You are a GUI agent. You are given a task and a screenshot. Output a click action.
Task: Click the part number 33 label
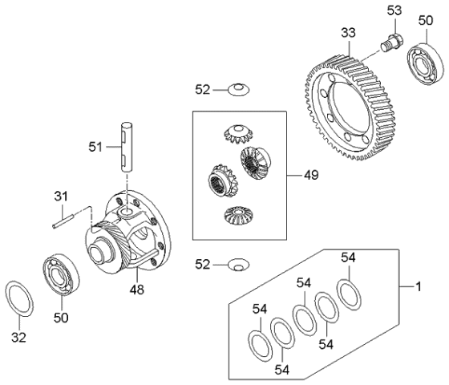click(348, 33)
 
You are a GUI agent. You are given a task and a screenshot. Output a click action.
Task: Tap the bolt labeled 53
click(392, 43)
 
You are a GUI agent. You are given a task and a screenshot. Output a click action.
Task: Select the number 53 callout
click(394, 10)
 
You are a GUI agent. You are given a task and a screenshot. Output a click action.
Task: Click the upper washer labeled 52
click(239, 90)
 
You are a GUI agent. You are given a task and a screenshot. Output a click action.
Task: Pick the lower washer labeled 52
click(239, 265)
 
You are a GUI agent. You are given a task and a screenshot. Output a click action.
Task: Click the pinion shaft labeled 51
click(127, 147)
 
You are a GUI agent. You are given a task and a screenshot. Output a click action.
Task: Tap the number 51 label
click(95, 148)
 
